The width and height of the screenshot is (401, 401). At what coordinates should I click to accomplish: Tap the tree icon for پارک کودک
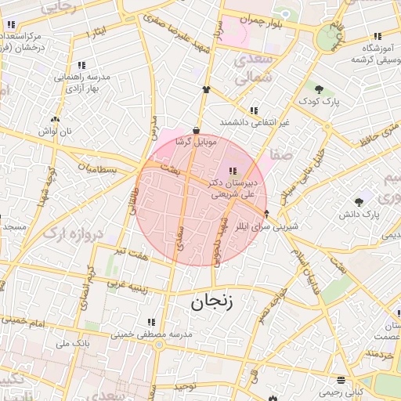(320, 89)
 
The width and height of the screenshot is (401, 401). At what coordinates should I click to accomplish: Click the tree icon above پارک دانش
(359, 201)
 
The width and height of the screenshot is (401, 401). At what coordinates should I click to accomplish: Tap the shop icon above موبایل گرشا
(195, 131)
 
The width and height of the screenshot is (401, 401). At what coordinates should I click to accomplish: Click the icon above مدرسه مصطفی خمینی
(151, 321)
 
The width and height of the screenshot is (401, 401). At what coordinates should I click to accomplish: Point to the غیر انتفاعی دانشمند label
(255, 123)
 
